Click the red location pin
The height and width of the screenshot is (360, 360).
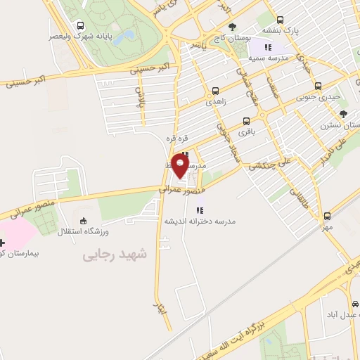coord(180,166)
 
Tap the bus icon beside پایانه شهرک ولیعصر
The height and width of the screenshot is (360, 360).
coord(78,25)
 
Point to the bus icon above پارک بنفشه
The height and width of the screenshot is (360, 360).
coord(281,20)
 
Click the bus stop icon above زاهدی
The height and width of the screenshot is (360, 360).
coord(215,91)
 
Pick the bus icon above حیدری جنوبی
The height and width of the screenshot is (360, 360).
coord(318,86)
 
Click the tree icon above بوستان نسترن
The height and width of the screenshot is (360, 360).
coord(342,113)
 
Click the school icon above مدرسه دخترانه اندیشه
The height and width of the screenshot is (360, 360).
coord(200,209)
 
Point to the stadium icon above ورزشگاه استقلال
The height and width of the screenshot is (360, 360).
coord(84,221)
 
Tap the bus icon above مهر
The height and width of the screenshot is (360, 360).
coord(327,217)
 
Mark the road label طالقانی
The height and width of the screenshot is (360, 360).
coord(300,199)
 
